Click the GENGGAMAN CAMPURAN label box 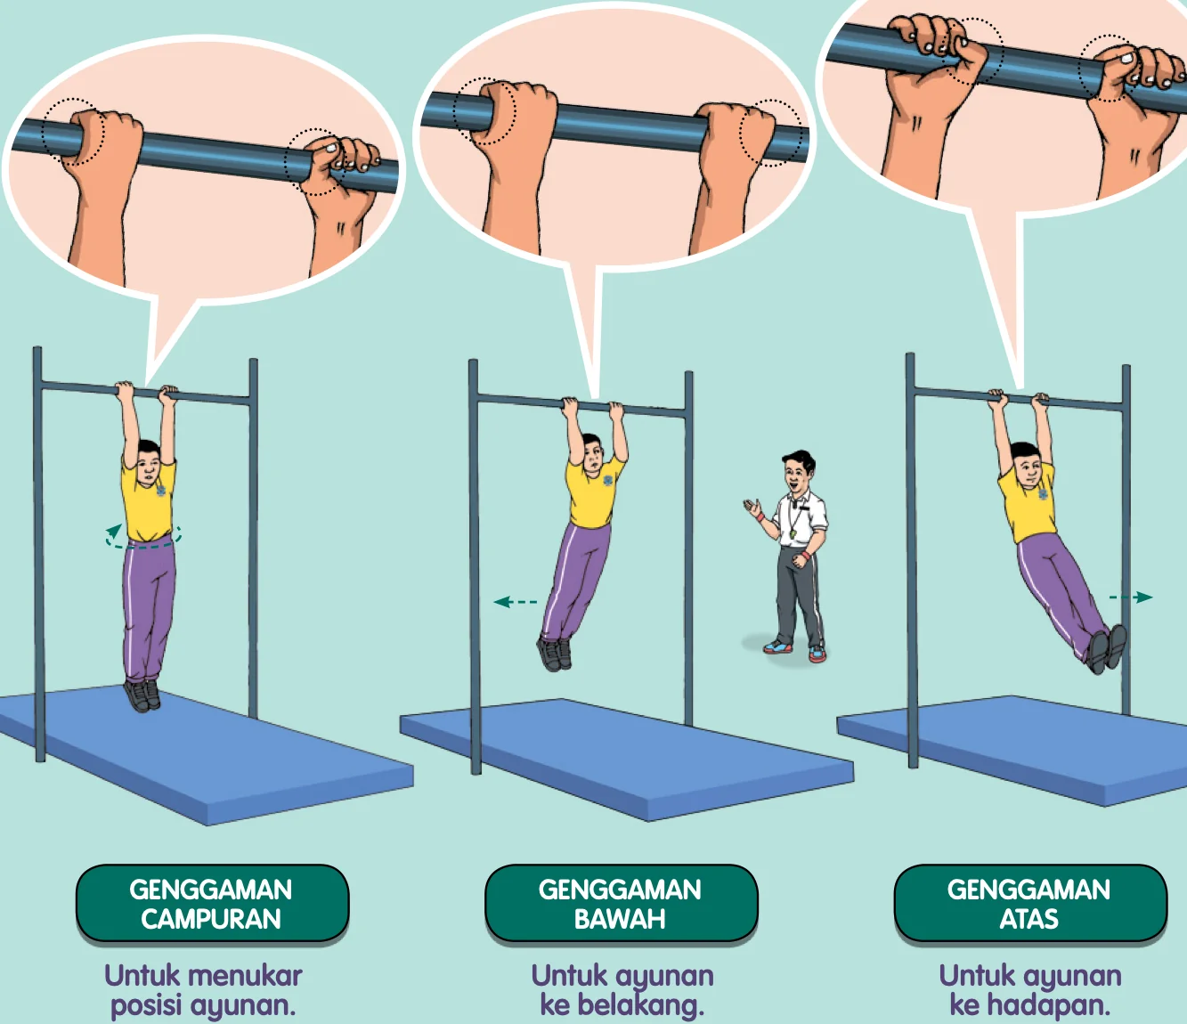[x=212, y=904]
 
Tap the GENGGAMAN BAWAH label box [x=621, y=904]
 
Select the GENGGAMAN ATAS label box [x=1030, y=904]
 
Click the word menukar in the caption [x=245, y=975]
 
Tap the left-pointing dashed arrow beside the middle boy [x=516, y=602]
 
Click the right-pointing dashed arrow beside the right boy [x=1130, y=597]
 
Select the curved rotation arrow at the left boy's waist [x=142, y=537]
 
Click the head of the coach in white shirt [x=799, y=471]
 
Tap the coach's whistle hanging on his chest [x=793, y=532]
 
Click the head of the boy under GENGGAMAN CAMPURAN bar [x=148, y=462]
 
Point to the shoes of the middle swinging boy [x=555, y=653]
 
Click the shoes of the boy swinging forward [x=1107, y=648]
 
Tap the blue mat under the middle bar [x=627, y=757]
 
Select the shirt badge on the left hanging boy [x=161, y=491]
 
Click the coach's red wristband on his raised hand [x=760, y=516]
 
